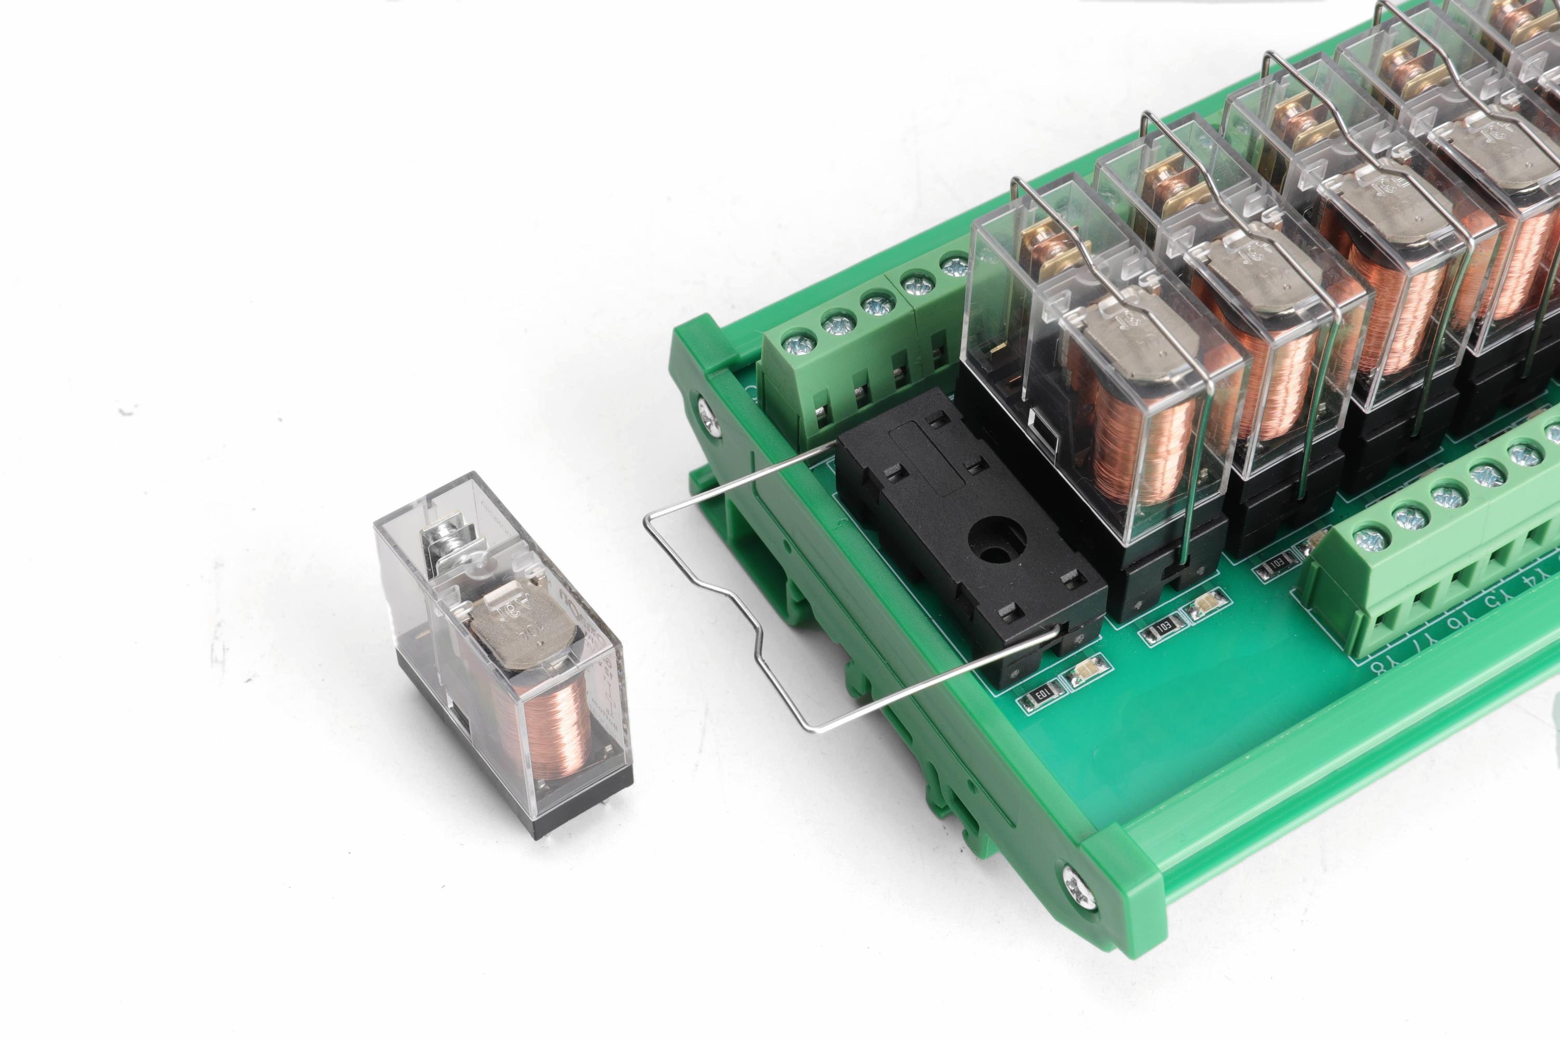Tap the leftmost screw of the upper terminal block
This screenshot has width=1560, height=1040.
click(x=794, y=344)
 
